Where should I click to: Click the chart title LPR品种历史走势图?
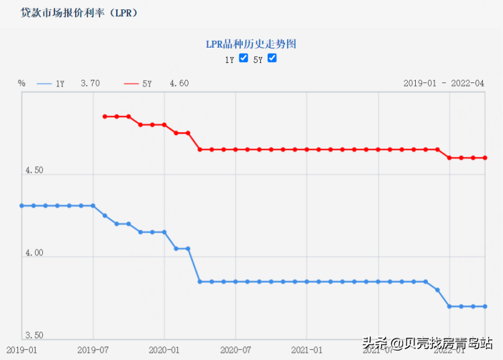[x=251, y=44]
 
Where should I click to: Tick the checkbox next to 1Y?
[x=243, y=58]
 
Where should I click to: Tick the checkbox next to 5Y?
[x=272, y=58]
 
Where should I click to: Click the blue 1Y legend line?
[x=44, y=84]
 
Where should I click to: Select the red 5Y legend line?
[x=132, y=84]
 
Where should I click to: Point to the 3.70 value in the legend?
[x=90, y=84]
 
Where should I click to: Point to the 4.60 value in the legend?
[x=179, y=84]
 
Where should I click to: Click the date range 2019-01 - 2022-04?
[x=443, y=84]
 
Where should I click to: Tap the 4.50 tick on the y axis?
[x=34, y=170]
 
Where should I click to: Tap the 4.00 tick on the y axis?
[x=34, y=253]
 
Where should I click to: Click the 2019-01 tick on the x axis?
[x=21, y=349]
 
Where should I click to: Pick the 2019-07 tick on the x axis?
[x=93, y=349]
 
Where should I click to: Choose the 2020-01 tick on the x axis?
[x=164, y=349]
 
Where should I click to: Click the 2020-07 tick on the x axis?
[x=235, y=349]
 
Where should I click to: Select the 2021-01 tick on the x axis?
[x=306, y=349]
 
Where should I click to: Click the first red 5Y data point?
[x=105, y=117]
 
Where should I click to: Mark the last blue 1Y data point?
[x=485, y=306]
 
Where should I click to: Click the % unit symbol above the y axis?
[x=21, y=84]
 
